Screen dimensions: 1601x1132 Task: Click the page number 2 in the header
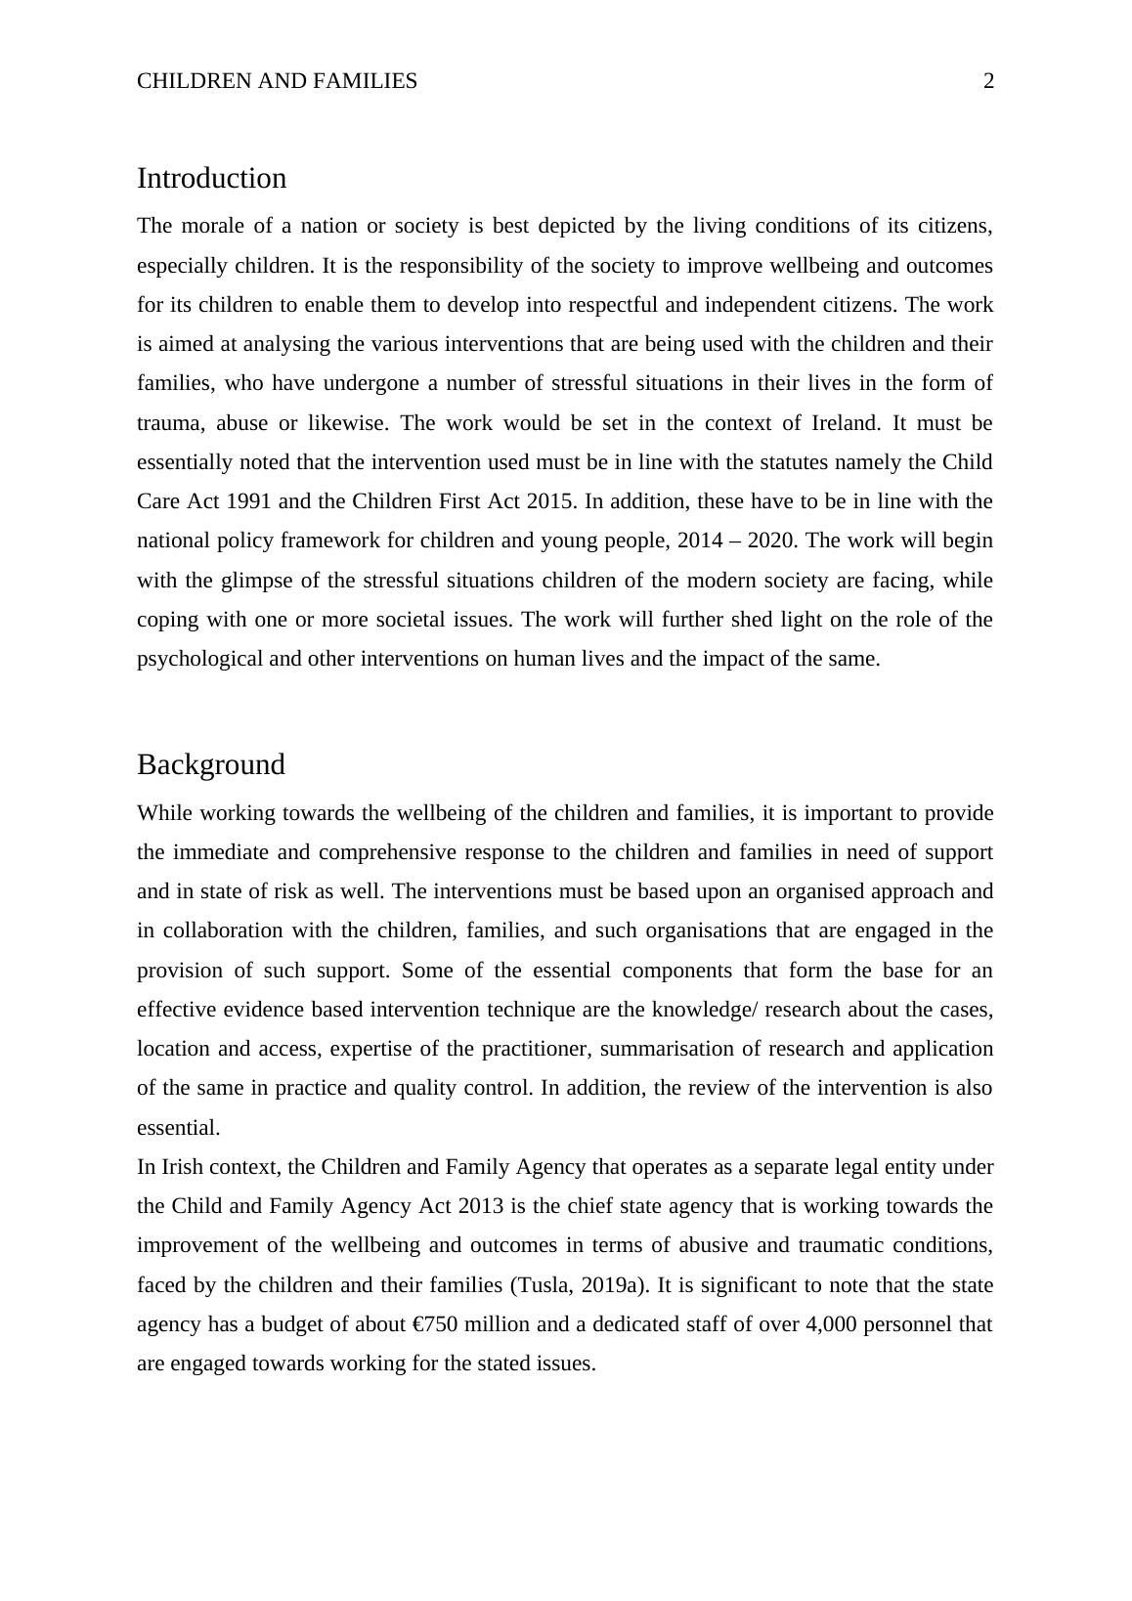988,81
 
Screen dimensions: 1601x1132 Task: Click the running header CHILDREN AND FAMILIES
277,81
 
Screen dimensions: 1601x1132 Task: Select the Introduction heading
211,178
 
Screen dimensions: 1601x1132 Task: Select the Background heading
210,764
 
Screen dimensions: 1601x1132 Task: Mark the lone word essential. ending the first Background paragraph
178,1128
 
